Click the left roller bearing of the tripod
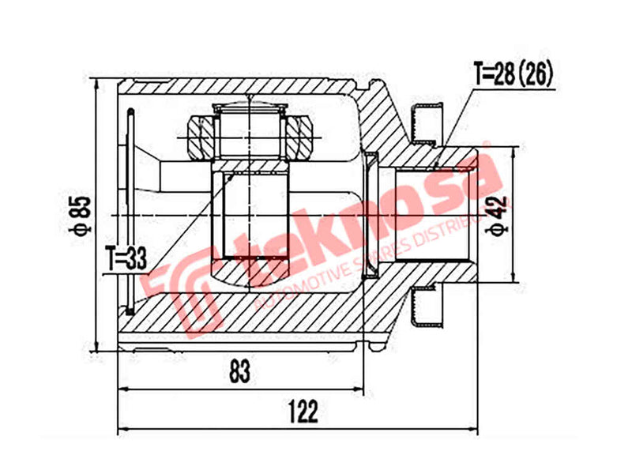point(199,136)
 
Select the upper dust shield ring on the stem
point(427,118)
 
